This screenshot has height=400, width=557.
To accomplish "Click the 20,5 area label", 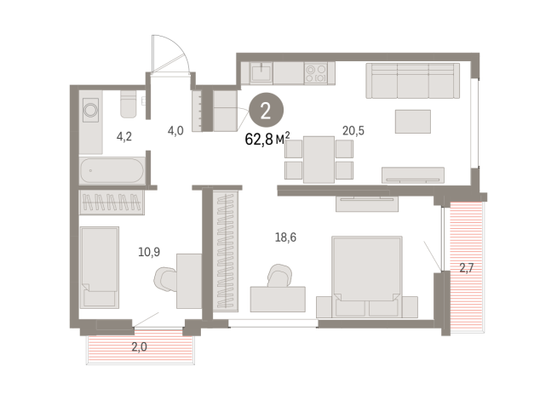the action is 353,131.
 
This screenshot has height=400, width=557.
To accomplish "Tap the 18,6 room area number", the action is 285,237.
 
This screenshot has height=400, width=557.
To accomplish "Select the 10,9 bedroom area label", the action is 149,252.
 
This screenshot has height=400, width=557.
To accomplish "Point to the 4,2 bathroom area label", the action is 124,136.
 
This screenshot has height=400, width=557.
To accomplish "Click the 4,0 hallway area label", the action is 175,131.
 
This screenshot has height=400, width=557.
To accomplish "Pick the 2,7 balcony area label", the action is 467,267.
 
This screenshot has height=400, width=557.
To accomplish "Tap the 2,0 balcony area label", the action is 140,346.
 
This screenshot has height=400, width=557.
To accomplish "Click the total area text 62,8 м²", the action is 267,139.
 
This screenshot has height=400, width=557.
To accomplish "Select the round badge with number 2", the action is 266,110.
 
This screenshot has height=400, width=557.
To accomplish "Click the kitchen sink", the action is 261,73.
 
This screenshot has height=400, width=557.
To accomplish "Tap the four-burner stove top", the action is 315,73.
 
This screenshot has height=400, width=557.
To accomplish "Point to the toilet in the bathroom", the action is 129,104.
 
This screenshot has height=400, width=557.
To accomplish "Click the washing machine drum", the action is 90,110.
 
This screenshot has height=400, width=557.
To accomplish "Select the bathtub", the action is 112,171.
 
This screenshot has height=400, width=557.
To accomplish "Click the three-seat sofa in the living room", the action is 413,81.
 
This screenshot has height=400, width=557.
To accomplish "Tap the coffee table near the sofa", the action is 413,122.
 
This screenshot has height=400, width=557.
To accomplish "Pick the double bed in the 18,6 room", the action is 366,277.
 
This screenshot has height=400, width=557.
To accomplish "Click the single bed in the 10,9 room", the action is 100,267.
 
